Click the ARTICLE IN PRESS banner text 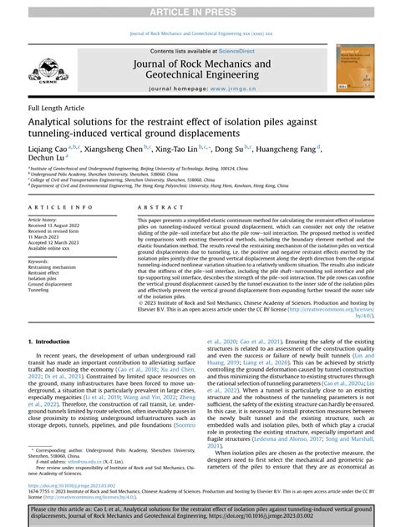[x=198, y=9]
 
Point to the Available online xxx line [x=52, y=249]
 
